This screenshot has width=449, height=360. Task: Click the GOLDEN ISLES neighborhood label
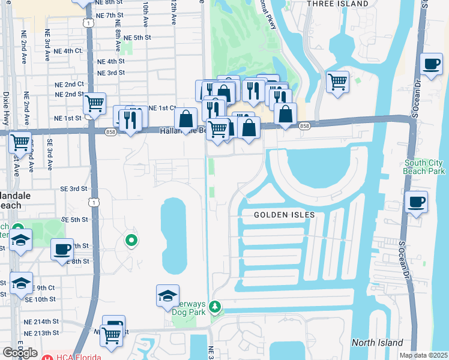coord(284,214)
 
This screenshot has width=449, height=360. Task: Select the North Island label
coord(378,343)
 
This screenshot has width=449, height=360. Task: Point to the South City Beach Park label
coord(424,167)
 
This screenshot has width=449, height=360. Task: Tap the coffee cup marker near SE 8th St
coord(62,248)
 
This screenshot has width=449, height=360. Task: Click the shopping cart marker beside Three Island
coord(338,81)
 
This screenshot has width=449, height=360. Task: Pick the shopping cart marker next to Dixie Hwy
coord(20,142)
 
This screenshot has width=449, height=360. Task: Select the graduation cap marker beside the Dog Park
coord(167,295)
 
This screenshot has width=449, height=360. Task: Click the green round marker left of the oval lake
coord(131,241)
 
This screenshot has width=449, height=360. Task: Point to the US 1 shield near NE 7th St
coord(88,23)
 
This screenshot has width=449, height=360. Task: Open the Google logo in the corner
coord(20,353)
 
